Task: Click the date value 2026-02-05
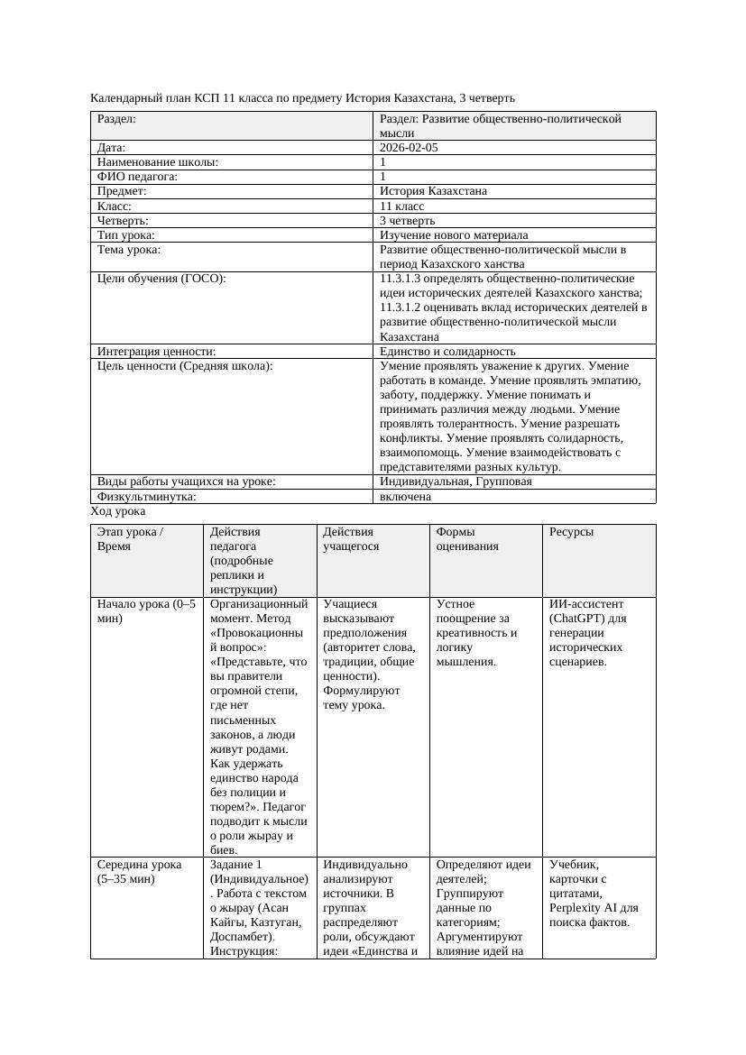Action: click(409, 147)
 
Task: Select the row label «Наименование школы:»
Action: click(158, 162)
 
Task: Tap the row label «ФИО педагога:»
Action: click(137, 177)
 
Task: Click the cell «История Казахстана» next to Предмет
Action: click(433, 191)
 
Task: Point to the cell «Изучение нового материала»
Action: click(454, 234)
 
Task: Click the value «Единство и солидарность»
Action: click(447, 351)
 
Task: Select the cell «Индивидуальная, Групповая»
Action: click(456, 482)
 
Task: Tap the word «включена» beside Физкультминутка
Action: click(405, 496)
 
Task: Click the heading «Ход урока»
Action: click(118, 510)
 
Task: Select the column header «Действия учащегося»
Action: click(351, 538)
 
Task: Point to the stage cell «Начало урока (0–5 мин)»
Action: click(145, 610)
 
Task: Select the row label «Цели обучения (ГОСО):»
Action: click(161, 279)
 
